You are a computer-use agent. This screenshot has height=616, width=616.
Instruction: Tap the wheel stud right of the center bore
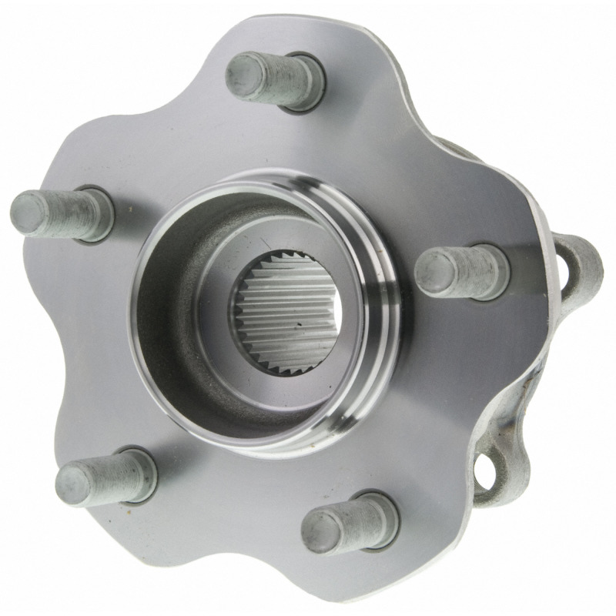(x=462, y=269)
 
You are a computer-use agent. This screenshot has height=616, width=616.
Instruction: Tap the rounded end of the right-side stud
(x=430, y=272)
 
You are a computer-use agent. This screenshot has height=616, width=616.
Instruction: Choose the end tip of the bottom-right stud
(x=315, y=531)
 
